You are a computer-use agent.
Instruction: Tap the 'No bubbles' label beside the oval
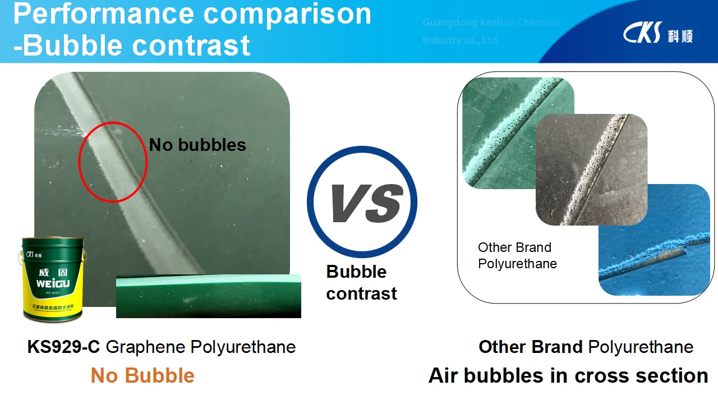coord(197,145)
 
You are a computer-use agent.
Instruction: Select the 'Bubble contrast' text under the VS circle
coord(361,283)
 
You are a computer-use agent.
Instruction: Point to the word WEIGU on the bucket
coord(53,284)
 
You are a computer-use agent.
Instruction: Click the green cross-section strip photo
coord(208,296)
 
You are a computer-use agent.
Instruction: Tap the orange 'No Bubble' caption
coord(142,375)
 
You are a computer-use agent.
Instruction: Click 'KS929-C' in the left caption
coord(63,347)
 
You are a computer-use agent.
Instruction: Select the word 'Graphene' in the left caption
coord(146,347)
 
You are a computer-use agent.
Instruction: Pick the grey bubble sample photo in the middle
coord(592,168)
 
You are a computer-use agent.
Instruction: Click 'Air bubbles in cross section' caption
coord(568,375)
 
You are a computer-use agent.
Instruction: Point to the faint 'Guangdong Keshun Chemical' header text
coord(491,22)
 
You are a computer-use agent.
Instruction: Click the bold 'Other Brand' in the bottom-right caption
coord(530,347)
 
